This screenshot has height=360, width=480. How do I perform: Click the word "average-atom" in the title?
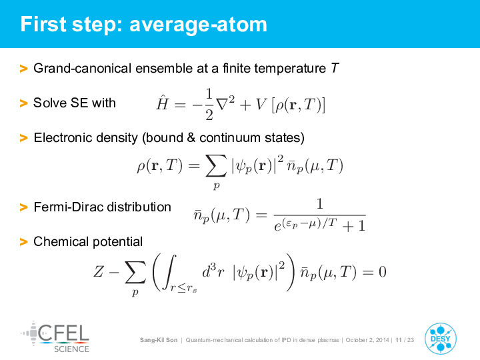[x=198, y=25]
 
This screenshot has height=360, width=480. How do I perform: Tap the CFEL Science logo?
[x=55, y=337]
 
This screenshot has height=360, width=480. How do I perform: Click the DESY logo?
[x=441, y=339]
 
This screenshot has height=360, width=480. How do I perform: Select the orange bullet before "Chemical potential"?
[x=23, y=242]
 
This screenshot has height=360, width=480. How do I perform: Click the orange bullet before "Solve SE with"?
[x=23, y=103]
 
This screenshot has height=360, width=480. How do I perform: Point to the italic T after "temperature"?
[x=335, y=68]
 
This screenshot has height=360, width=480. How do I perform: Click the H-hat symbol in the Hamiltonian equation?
[x=162, y=103]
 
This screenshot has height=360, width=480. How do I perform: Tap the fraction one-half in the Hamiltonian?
[x=209, y=105]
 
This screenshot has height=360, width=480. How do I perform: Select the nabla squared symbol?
[x=225, y=103]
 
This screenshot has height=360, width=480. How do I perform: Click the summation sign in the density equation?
[x=216, y=165]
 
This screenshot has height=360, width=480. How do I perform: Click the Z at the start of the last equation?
[x=99, y=271]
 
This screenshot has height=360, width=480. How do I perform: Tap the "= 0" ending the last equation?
[x=374, y=272]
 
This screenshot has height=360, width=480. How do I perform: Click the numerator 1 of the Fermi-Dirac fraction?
[x=319, y=203]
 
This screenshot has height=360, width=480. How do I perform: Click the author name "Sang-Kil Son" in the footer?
[x=159, y=340]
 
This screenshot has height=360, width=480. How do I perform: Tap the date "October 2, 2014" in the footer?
[x=367, y=340]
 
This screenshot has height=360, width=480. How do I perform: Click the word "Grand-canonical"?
[x=83, y=68]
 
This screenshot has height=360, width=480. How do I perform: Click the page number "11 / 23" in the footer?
[x=405, y=340]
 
